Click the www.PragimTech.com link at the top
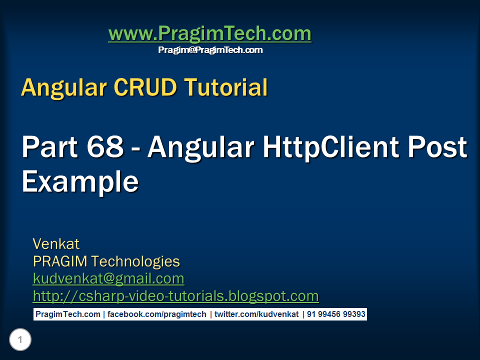click(x=209, y=34)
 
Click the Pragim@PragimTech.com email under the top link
click(x=210, y=50)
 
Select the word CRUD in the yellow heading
click(x=145, y=88)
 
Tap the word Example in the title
click(x=80, y=182)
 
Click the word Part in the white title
click(x=50, y=147)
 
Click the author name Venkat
click(x=56, y=244)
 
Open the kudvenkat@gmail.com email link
click(x=108, y=278)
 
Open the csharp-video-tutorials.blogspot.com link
click(x=175, y=296)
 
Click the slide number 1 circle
click(x=20, y=340)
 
